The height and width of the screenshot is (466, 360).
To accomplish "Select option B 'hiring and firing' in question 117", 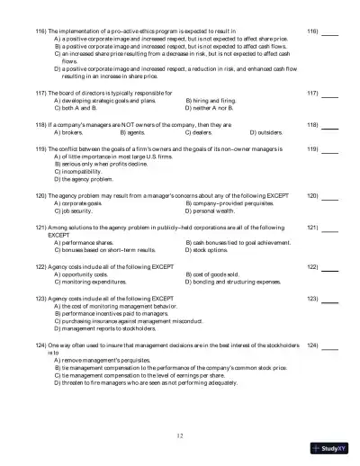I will tap(210, 102).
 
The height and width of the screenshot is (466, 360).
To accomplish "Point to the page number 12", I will tap(180, 435).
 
